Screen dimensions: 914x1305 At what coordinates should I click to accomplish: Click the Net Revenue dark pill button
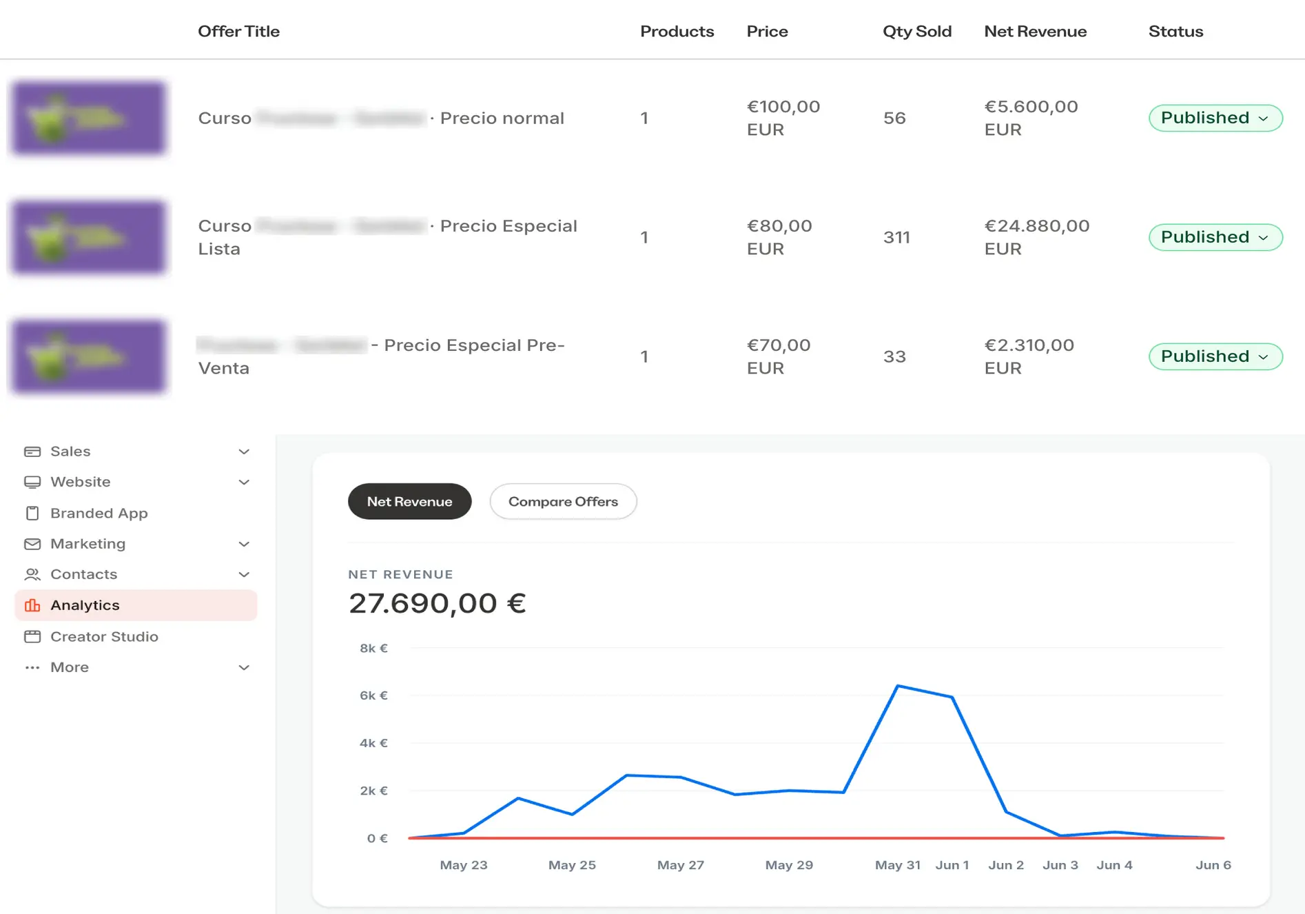(409, 502)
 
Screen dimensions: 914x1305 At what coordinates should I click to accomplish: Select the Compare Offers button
(563, 502)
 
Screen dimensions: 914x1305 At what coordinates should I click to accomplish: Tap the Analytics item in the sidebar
(85, 605)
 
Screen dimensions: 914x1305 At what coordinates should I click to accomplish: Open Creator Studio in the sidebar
(104, 637)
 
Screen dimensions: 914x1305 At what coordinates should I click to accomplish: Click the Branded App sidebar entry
(99, 514)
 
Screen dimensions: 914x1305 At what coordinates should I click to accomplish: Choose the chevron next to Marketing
(244, 545)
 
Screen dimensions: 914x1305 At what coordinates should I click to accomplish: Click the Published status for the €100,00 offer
(1215, 118)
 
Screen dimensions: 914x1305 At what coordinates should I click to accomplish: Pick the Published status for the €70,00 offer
(1215, 356)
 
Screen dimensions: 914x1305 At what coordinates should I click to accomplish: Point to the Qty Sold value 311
(896, 237)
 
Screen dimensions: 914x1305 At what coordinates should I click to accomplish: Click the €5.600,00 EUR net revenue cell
(1030, 118)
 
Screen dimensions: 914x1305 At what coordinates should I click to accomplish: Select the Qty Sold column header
(916, 32)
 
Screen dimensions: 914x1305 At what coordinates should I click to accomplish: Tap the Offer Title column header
(238, 32)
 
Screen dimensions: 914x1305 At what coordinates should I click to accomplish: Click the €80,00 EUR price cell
(779, 237)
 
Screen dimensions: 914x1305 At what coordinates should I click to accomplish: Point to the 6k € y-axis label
(373, 695)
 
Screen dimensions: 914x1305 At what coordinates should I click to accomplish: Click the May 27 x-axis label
(680, 865)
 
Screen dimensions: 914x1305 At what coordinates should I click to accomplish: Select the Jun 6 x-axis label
(1213, 865)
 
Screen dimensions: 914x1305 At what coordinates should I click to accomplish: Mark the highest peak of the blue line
(898, 686)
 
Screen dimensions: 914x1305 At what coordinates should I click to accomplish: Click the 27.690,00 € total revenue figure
(437, 604)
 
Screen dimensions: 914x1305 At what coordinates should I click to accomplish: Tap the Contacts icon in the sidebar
(32, 575)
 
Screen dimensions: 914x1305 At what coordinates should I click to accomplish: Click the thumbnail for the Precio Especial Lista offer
(89, 237)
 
